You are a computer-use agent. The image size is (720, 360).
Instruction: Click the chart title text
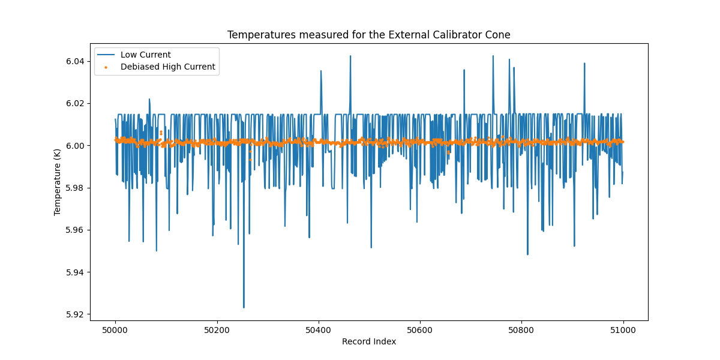[368, 35]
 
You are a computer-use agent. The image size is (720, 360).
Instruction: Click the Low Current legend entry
[145, 55]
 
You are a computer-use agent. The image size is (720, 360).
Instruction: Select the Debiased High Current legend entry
[167, 67]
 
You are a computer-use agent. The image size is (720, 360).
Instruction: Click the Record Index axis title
[368, 341]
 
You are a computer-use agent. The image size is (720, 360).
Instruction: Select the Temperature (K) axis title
[58, 182]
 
